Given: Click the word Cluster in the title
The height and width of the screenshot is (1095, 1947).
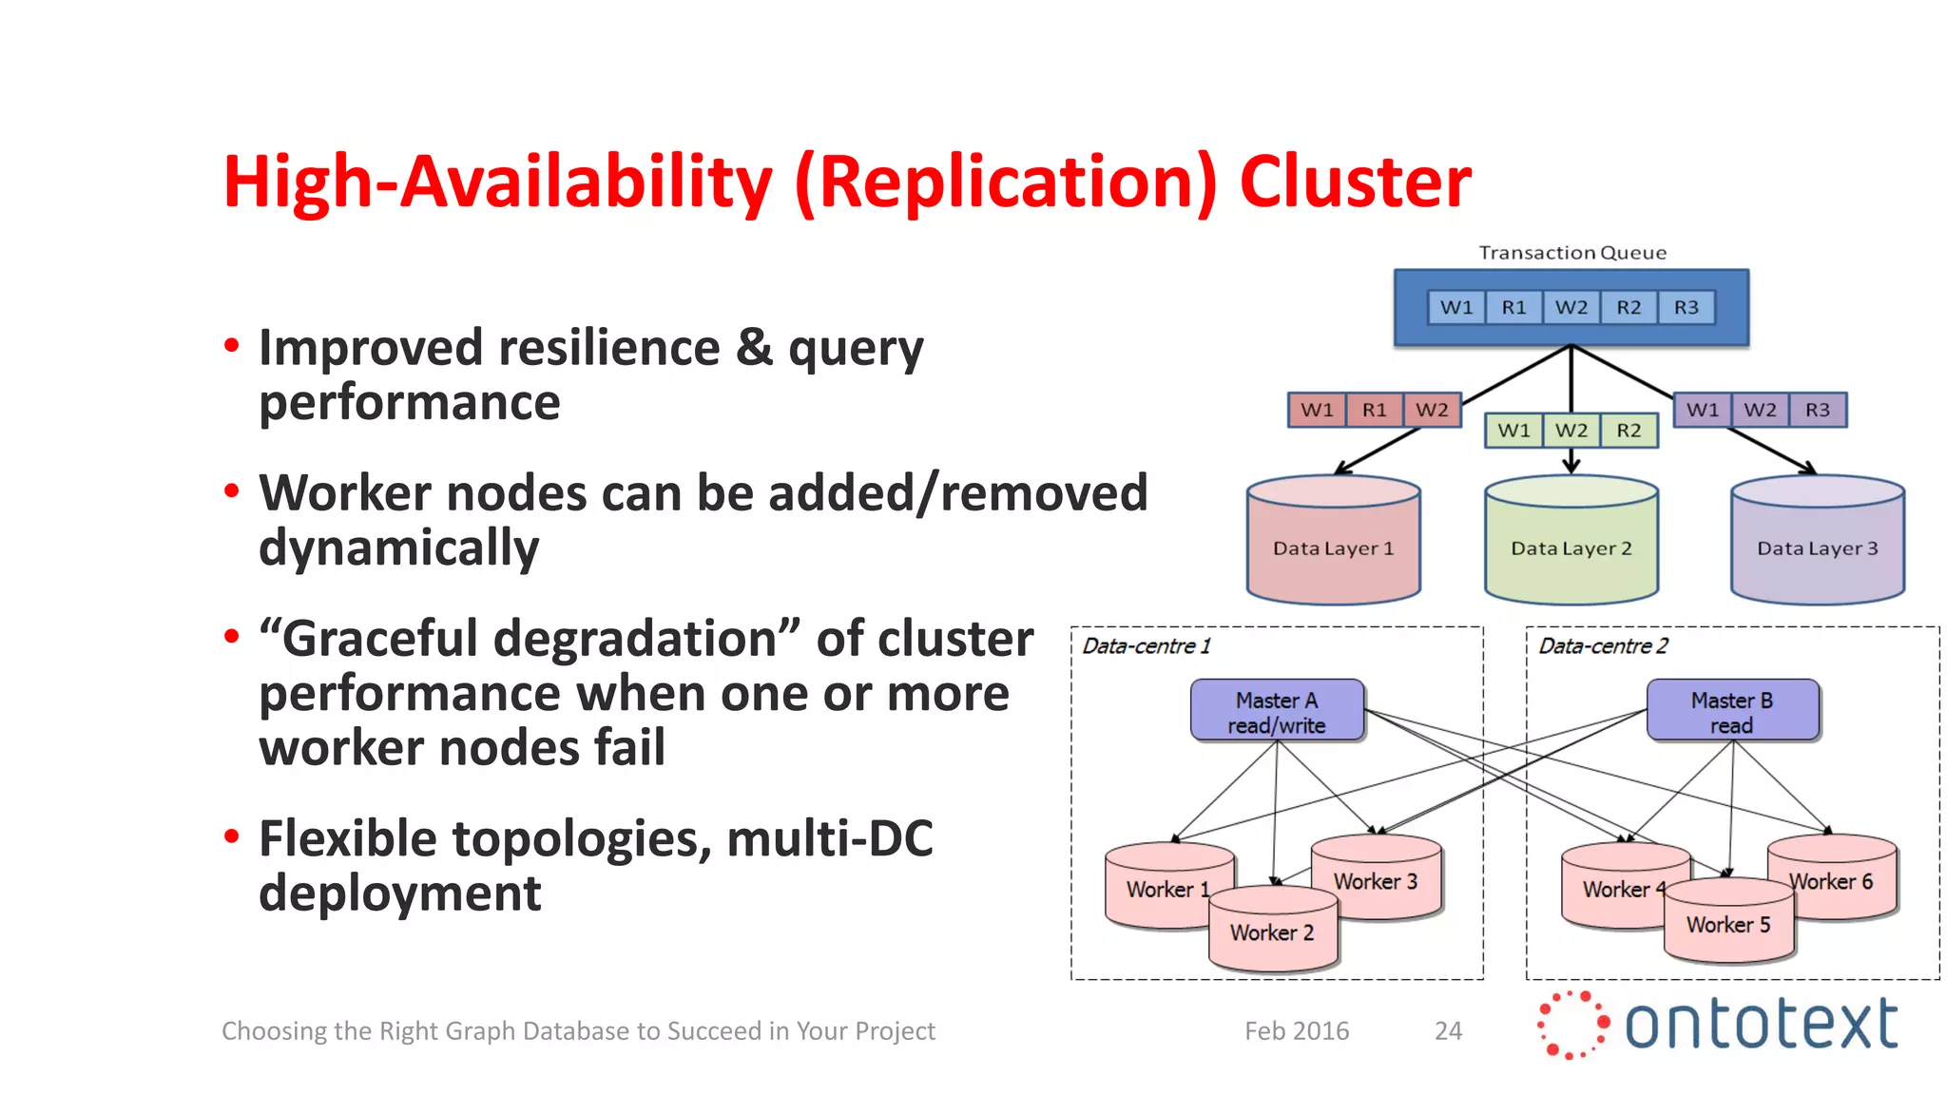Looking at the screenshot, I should pyautogui.click(x=1355, y=182).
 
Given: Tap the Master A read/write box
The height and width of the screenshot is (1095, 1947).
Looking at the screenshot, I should pyautogui.click(x=1277, y=711).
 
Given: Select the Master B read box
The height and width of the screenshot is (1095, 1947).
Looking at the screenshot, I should pyautogui.click(x=1732, y=711).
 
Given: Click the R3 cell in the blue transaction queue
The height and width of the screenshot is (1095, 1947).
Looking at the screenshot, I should pyautogui.click(x=1686, y=308).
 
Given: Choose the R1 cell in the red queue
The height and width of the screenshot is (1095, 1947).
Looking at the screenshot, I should pyautogui.click(x=1374, y=411).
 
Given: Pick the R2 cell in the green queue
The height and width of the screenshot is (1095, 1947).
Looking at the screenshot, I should pyautogui.click(x=1629, y=431).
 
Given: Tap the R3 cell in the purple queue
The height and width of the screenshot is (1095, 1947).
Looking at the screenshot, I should pyautogui.click(x=1817, y=411).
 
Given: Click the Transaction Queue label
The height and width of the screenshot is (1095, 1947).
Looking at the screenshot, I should pyautogui.click(x=1571, y=253).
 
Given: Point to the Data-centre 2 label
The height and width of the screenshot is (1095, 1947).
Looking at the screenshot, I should pyautogui.click(x=1603, y=646).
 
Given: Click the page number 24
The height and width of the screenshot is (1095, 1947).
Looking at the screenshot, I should pyautogui.click(x=1448, y=1031).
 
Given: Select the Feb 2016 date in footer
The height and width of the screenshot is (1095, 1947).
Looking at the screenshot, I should pyautogui.click(x=1297, y=1031).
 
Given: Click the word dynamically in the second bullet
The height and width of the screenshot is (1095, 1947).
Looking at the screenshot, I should pyautogui.click(x=398, y=548).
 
